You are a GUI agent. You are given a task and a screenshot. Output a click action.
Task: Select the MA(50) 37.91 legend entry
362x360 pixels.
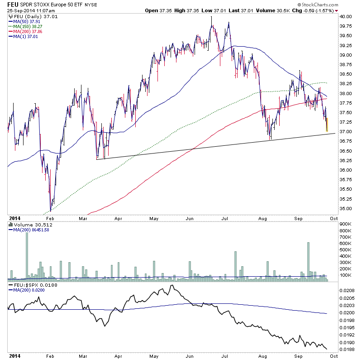(25, 20)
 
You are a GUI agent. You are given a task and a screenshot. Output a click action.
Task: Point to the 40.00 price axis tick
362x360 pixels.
(345, 16)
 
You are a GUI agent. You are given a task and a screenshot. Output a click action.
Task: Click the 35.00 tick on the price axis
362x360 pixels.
(345, 209)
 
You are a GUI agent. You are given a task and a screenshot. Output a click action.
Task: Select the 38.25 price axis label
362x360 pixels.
(345, 84)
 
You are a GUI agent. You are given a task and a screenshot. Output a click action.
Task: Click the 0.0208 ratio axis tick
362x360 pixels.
(347, 289)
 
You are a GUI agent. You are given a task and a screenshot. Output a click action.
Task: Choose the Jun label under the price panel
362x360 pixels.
(189, 218)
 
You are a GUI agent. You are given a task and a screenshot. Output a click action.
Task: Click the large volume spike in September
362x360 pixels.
(308, 260)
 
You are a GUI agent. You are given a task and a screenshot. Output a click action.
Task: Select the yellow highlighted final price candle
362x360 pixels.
(327, 125)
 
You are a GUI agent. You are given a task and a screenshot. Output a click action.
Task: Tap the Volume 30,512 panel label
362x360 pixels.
(29, 224)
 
